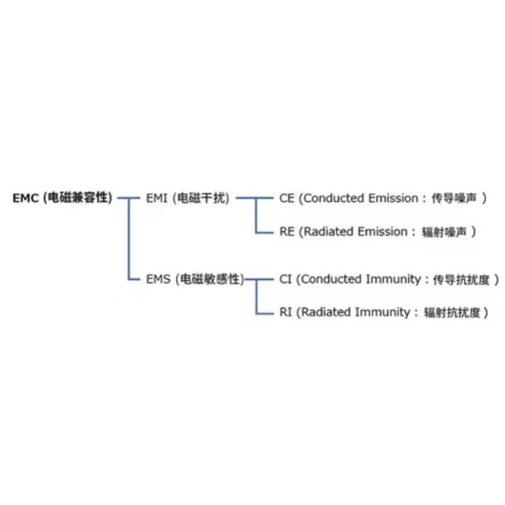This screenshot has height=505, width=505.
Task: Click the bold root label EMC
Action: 25,198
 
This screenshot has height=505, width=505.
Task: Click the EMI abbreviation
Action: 156,198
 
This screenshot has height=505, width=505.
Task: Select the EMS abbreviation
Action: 157,279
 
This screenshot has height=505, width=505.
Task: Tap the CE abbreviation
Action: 287,198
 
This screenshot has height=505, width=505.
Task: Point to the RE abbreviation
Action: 287,231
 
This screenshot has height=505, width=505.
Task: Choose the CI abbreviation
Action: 285,279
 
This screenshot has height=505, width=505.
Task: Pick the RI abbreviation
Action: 285,312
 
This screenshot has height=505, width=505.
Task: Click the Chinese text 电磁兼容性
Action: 77,198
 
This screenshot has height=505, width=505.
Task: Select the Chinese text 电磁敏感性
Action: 208,279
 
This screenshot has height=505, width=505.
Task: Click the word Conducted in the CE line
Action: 335,198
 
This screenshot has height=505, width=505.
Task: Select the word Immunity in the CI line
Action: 391,279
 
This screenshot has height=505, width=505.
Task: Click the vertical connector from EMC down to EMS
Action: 128,238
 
